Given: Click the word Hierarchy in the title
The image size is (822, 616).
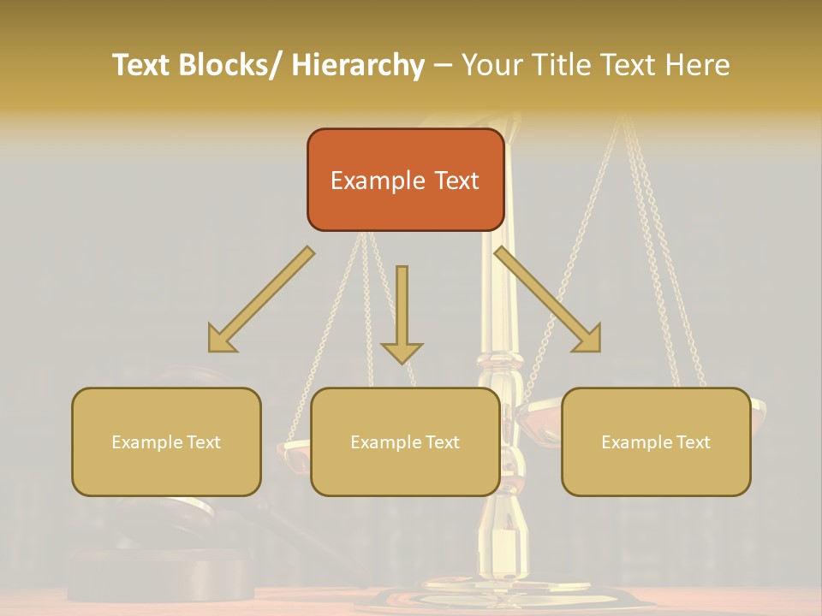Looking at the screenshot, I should click(358, 65).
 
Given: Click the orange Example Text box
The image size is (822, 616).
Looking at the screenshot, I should click(405, 180).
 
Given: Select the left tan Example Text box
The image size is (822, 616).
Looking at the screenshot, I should click(166, 441).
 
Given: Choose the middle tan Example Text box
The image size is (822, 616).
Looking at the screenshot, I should click(405, 441).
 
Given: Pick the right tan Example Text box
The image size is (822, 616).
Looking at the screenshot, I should click(656, 441).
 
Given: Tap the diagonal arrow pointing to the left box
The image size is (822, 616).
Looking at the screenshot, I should click(261, 299).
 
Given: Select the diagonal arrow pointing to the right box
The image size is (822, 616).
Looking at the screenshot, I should click(548, 299).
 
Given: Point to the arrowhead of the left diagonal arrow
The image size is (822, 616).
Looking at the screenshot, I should click(221, 340).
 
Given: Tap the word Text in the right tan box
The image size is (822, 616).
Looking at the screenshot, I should click(692, 442).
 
